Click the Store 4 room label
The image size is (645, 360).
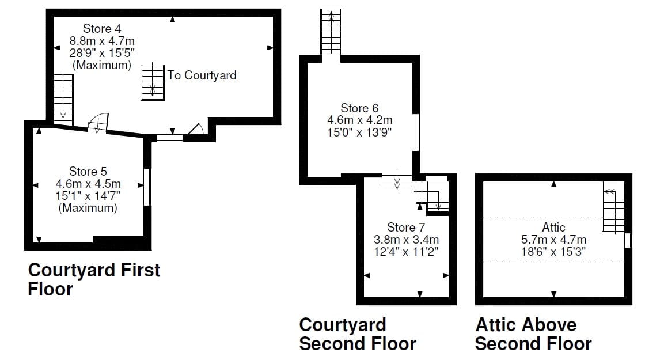[x=102, y=28]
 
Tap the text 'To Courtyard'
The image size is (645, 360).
[x=202, y=75]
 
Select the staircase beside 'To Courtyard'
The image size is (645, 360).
[x=153, y=81]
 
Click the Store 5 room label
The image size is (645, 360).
[x=88, y=172]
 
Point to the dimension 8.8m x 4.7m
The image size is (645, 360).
[x=102, y=41]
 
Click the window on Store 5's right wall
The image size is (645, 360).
[x=147, y=187]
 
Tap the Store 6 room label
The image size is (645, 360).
[x=359, y=108]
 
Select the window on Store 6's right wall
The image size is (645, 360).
[x=415, y=132]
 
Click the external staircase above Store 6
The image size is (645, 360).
[x=331, y=32]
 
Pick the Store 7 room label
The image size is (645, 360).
[x=406, y=227]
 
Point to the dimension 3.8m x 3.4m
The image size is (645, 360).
[x=406, y=239]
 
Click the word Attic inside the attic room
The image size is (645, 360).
[x=553, y=227]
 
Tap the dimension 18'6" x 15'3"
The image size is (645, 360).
[x=553, y=252]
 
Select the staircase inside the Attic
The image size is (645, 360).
[x=613, y=210]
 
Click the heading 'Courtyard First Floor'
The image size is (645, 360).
[x=94, y=279]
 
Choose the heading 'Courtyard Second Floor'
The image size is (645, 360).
[x=357, y=334]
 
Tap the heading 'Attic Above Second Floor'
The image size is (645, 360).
[x=533, y=334]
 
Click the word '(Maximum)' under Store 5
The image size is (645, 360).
[x=88, y=208]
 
